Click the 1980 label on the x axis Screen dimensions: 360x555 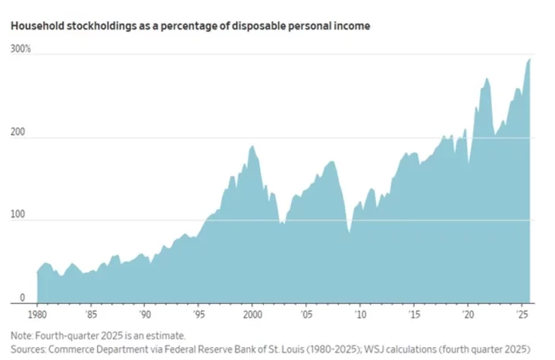pos(37,314)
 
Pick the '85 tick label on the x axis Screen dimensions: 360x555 pos(91,314)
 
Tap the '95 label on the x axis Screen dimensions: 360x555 pos(198,314)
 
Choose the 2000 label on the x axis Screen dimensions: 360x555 pos(252,314)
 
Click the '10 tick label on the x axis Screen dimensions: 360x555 pos(359,314)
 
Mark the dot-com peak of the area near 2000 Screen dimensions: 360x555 pos(252,146)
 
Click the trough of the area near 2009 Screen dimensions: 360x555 pos(349,233)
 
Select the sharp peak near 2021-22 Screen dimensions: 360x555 pos(486,78)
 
